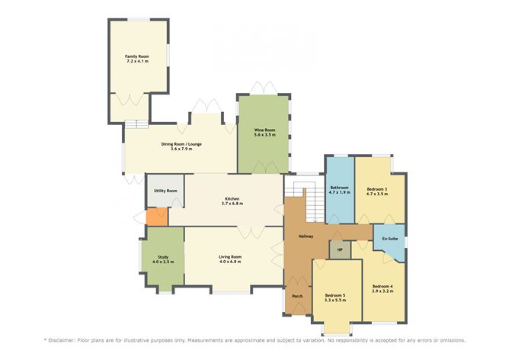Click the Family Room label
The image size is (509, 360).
(x=137, y=56)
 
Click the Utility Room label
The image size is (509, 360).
(x=165, y=191)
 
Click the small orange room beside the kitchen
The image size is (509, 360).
(x=156, y=217)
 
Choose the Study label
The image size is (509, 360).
(x=162, y=257)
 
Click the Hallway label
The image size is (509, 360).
(x=306, y=236)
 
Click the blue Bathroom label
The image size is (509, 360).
(x=339, y=188)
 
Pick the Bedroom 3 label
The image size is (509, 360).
(x=376, y=188)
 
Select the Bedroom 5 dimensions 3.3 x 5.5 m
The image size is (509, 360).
(x=335, y=301)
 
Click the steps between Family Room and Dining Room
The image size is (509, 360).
(x=136, y=123)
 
